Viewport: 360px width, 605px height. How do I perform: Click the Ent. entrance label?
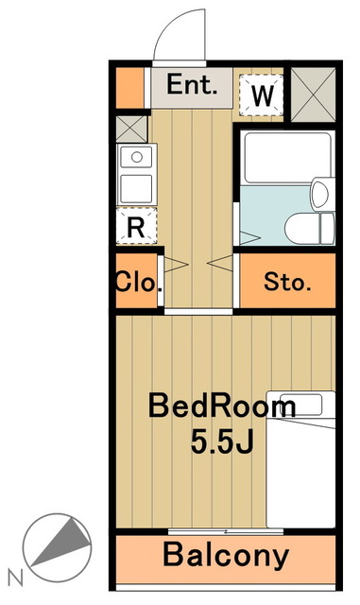pos(194,85)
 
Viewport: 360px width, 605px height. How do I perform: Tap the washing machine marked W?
pos(263,95)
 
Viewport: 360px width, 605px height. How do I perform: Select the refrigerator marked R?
pos(136,227)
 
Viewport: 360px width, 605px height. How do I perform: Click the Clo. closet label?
pos(138,282)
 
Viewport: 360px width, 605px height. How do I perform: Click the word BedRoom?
pos(220,407)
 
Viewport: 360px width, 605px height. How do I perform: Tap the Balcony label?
pos(226,556)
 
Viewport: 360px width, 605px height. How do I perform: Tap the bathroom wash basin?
pos(319,195)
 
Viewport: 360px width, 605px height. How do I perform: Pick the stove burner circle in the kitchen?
pos(137,157)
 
